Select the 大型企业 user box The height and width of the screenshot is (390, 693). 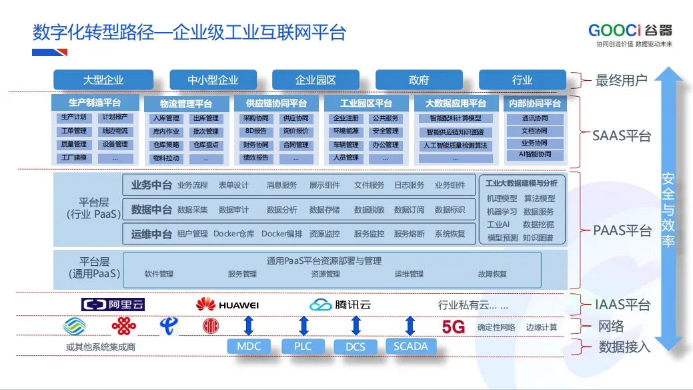pyautogui.click(x=103, y=80)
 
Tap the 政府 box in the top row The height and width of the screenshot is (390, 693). pyautogui.click(x=419, y=80)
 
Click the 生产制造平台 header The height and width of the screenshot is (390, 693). pyautogui.click(x=95, y=103)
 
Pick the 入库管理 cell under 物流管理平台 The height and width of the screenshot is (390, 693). pyautogui.click(x=166, y=119)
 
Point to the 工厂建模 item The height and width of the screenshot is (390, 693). pyautogui.click(x=74, y=158)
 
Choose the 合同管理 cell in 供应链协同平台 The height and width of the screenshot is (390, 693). pyautogui.click(x=295, y=145)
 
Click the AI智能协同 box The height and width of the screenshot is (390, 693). pyautogui.click(x=535, y=155)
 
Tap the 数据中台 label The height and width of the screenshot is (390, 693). pyautogui.click(x=151, y=210)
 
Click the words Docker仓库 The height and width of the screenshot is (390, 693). pyautogui.click(x=233, y=234)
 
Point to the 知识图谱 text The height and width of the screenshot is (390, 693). pyautogui.click(x=538, y=238)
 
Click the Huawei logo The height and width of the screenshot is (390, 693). pyautogui.click(x=227, y=305)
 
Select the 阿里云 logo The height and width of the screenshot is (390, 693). pyautogui.click(x=113, y=305)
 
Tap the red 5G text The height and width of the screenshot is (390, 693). pyautogui.click(x=453, y=327)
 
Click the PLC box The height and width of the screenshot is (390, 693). pyautogui.click(x=303, y=347)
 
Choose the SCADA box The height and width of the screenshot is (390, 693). pyautogui.click(x=411, y=347)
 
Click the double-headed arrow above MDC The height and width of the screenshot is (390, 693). pyautogui.click(x=249, y=326)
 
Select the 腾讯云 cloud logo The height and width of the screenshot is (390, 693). pyautogui.click(x=340, y=305)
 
